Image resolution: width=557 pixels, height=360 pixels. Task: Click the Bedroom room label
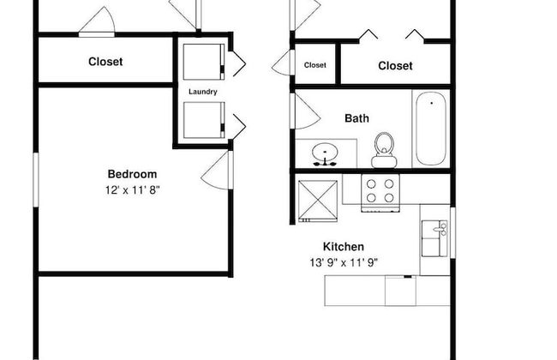[x=132, y=174]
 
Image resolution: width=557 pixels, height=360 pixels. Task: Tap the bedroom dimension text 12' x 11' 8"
[x=132, y=190]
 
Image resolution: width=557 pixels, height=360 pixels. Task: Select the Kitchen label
[x=343, y=247]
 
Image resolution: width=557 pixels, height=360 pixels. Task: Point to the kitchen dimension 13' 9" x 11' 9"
[x=344, y=262]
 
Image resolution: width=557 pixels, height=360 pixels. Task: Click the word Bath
[x=356, y=118]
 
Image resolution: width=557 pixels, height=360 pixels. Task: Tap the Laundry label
[x=203, y=92]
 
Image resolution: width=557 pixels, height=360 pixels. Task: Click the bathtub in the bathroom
[x=431, y=129]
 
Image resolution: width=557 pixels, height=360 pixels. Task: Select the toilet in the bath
[x=384, y=150]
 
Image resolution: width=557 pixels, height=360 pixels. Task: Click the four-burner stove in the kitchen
[x=380, y=193]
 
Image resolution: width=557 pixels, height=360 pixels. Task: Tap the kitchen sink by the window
[x=434, y=238]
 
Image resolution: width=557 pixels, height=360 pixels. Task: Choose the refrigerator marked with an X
[x=318, y=201]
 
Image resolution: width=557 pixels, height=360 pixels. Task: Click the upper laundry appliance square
[x=204, y=62]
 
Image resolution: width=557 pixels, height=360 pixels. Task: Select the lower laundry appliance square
[x=204, y=120]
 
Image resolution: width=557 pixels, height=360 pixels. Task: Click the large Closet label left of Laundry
[x=105, y=62]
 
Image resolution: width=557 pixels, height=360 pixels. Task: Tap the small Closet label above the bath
[x=315, y=65]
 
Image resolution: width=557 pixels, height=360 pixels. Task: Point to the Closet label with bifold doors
[x=395, y=66]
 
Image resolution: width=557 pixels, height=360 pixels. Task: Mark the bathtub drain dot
[x=431, y=104]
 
